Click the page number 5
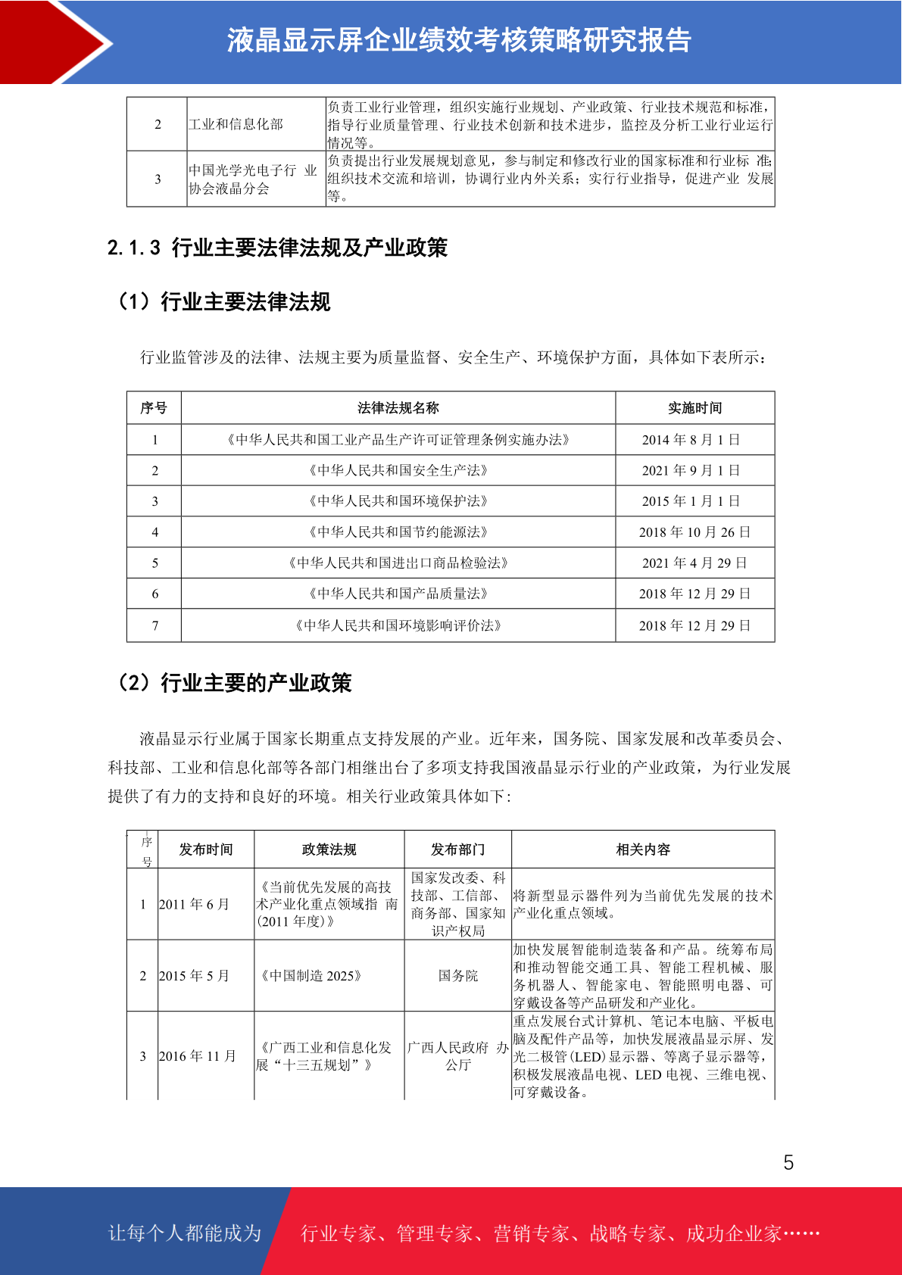(788, 1163)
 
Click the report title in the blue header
(459, 41)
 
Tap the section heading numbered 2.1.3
(277, 248)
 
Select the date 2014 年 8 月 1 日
(694, 440)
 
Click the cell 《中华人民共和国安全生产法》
(398, 470)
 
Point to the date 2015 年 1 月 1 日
(694, 501)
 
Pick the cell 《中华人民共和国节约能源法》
(398, 532)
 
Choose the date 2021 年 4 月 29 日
(694, 563)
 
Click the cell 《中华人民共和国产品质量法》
(398, 594)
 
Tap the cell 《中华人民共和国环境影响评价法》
(398, 625)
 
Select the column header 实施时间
(694, 408)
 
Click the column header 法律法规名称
(398, 408)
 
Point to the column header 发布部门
(458, 849)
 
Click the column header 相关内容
(643, 849)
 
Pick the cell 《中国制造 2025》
(311, 976)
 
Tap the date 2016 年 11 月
(198, 1056)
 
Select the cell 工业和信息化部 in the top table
(236, 124)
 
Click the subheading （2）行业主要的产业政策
(233, 683)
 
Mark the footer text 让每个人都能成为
(185, 1233)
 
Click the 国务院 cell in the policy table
(458, 976)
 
